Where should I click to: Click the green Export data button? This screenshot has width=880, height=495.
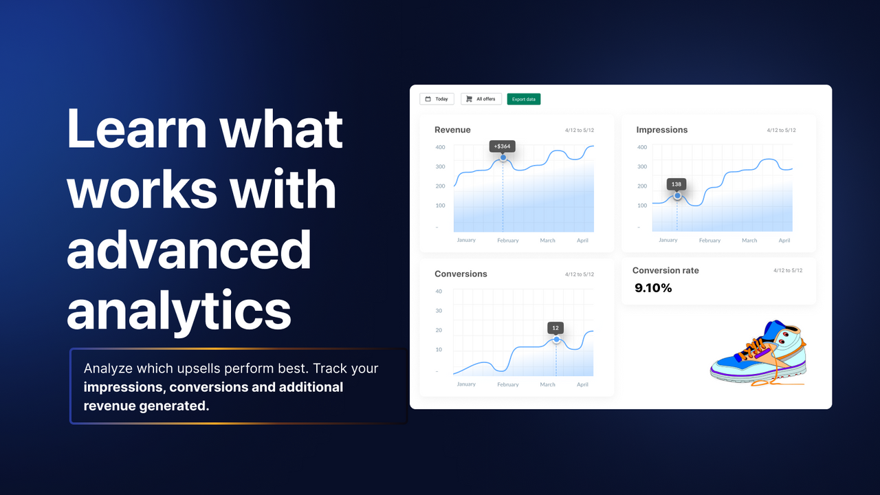coord(524,99)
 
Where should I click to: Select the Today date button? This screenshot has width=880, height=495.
coord(437,99)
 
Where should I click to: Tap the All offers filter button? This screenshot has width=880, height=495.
coord(481,99)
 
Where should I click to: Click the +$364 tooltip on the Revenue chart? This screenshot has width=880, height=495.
coord(502,146)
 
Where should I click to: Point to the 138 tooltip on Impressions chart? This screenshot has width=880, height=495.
coord(676,184)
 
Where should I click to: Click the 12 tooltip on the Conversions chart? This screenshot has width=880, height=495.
coord(555,327)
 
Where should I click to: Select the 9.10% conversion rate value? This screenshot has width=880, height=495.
coord(653,288)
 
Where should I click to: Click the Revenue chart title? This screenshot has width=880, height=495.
coord(452,130)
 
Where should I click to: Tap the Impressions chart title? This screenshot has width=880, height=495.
coord(661,130)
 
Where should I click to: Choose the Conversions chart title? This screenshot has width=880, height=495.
coord(461,274)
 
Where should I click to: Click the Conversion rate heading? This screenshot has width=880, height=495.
coord(665,270)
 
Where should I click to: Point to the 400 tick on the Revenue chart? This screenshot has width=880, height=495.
coord(440,147)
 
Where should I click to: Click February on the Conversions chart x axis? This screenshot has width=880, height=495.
coord(507,384)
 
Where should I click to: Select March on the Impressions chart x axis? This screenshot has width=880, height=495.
coord(749,241)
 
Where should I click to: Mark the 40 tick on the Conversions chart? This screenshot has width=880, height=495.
coord(439,291)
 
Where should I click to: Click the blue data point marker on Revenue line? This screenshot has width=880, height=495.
coord(503,158)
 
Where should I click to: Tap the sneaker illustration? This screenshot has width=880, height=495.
coord(758,353)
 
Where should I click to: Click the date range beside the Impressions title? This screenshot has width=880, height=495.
coord(782,130)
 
